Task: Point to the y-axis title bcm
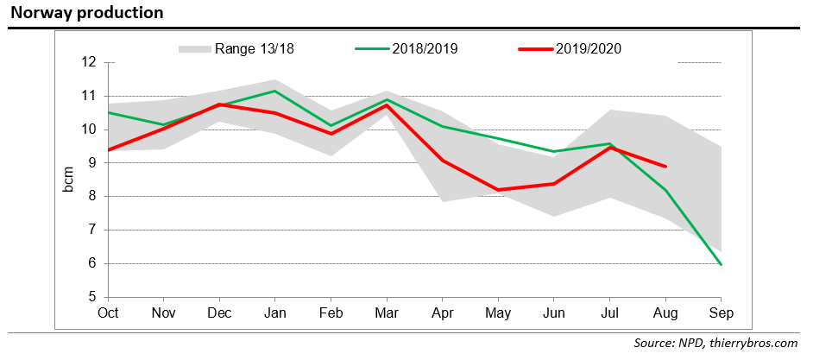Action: point(69,179)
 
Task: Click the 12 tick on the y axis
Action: point(89,62)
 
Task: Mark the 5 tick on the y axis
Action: point(92,297)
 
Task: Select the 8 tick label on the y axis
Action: point(92,197)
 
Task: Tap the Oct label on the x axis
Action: point(109,313)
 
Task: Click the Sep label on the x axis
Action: point(721,313)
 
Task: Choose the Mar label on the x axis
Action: point(387,313)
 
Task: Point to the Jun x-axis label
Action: point(554,313)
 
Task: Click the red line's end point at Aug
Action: point(665,167)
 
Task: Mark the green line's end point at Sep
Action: point(721,264)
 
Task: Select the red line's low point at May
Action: point(498,190)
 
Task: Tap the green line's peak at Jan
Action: point(275,91)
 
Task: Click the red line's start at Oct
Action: point(109,149)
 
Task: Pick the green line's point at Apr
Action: point(443,126)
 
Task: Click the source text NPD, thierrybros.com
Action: point(715,344)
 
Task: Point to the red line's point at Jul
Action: point(609,148)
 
